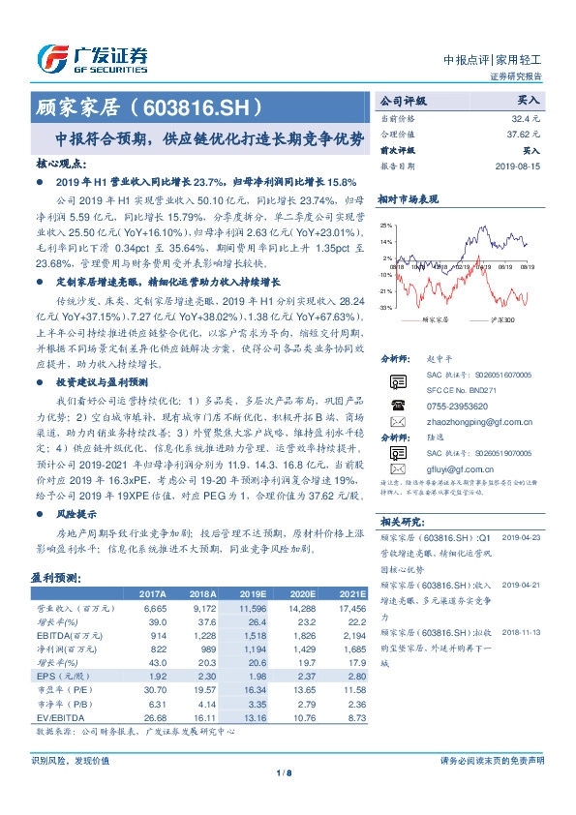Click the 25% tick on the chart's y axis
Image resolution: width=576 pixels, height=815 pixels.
click(x=386, y=225)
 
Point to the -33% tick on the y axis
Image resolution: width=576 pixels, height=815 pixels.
click(x=385, y=307)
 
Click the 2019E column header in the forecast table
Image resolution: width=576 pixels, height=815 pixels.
click(x=253, y=592)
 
